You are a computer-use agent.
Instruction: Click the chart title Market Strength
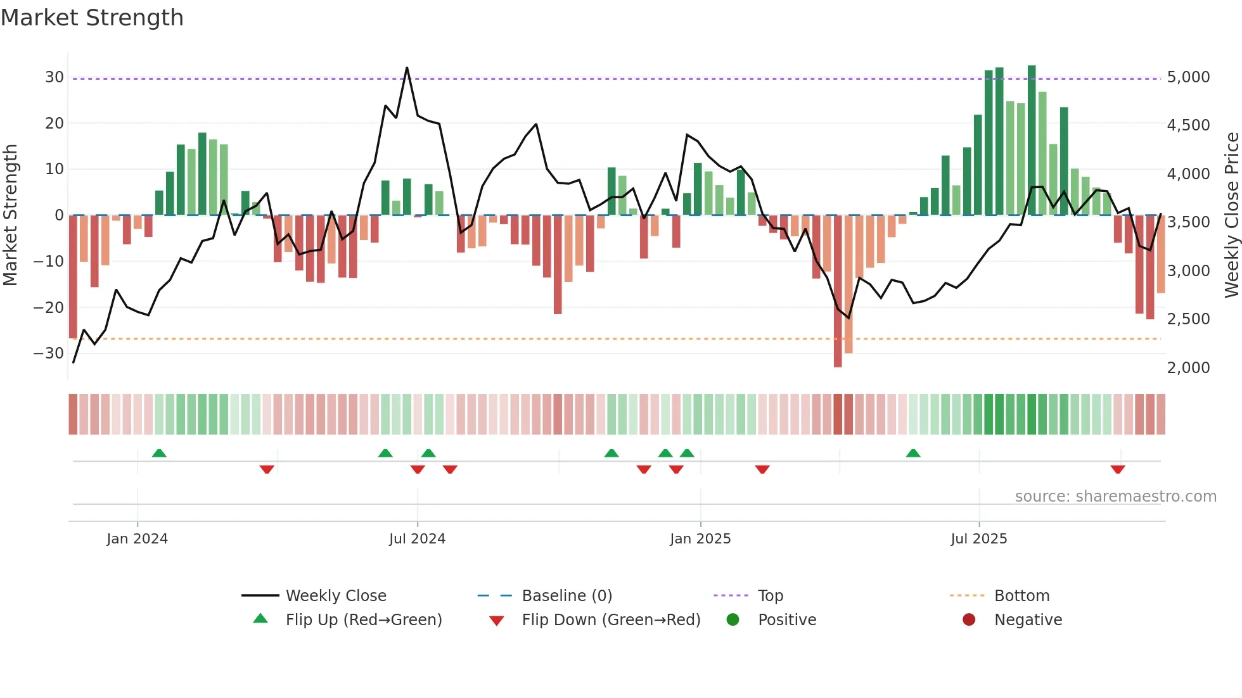92,18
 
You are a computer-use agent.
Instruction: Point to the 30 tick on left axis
54,77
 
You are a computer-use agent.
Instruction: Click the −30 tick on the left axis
49,353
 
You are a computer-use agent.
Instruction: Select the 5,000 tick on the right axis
1188,77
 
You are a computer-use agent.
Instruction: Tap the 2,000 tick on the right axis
1188,368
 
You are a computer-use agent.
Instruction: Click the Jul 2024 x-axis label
417,539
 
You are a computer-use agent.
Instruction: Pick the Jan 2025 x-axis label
700,539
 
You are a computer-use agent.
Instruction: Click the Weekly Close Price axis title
1231,215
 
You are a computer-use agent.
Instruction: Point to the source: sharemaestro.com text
1115,497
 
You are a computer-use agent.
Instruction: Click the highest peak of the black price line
407,68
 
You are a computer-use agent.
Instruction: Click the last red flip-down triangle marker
1118,469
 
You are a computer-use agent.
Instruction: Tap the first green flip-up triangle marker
159,454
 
